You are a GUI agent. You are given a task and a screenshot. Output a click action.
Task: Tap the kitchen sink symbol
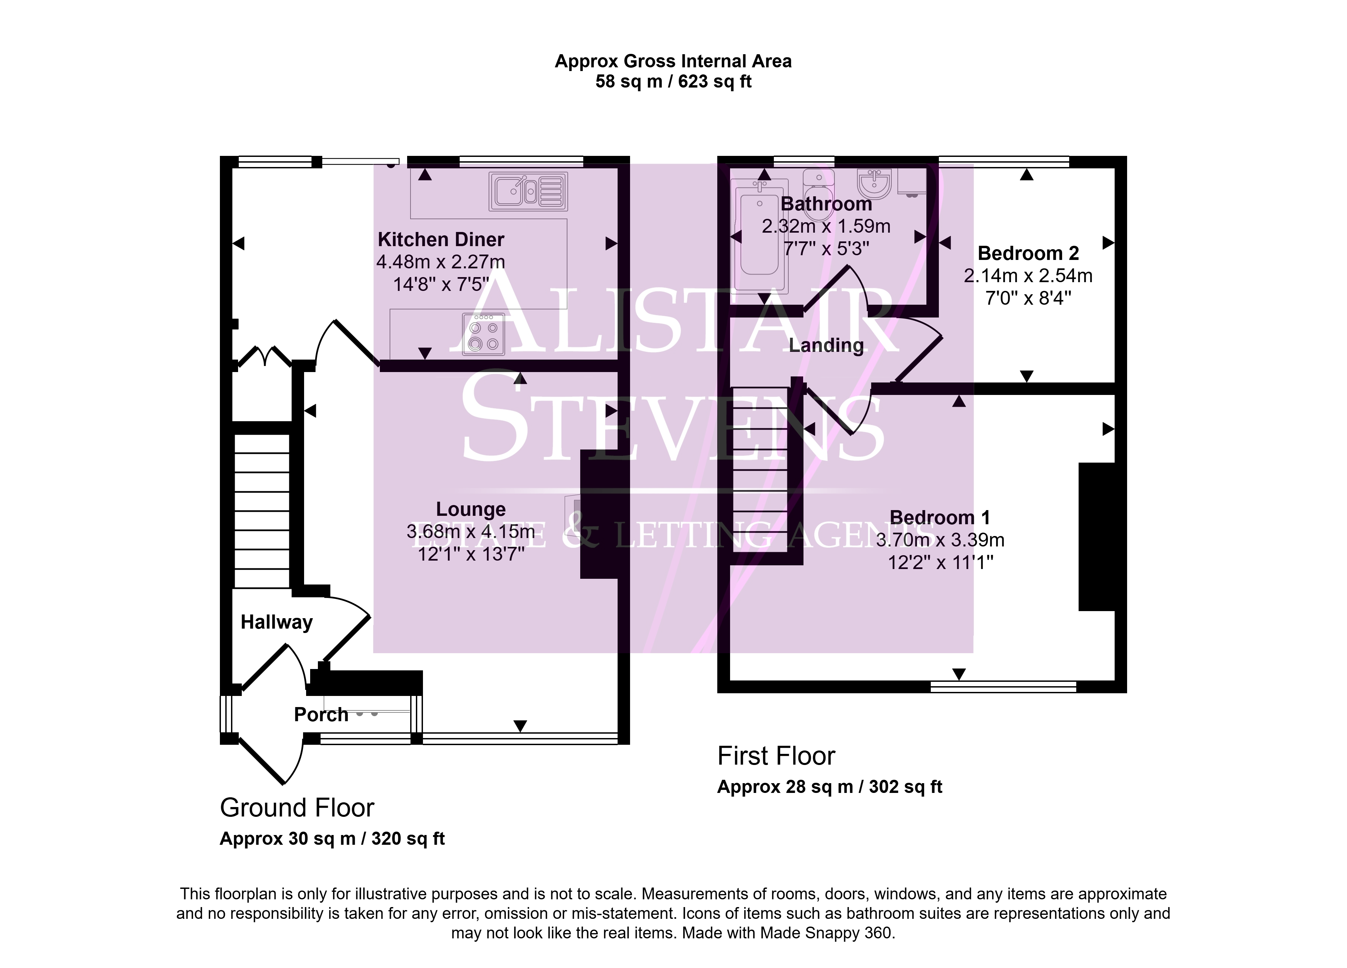(528, 191)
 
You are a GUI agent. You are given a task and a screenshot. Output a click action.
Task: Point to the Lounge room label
(471, 509)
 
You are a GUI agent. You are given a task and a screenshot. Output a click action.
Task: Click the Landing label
(826, 346)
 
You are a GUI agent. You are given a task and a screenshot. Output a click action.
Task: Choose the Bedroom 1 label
(940, 518)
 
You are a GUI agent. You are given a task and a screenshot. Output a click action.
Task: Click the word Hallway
(277, 622)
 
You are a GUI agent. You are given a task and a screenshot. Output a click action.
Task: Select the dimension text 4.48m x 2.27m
(441, 262)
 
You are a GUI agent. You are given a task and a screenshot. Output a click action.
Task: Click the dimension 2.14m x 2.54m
(1028, 275)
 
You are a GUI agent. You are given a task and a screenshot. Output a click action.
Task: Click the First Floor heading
(776, 756)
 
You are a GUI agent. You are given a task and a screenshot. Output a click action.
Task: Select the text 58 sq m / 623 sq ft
(673, 81)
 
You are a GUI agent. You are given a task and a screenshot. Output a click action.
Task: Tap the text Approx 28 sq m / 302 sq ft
(830, 787)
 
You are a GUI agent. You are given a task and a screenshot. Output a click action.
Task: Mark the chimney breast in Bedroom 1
(1096, 537)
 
